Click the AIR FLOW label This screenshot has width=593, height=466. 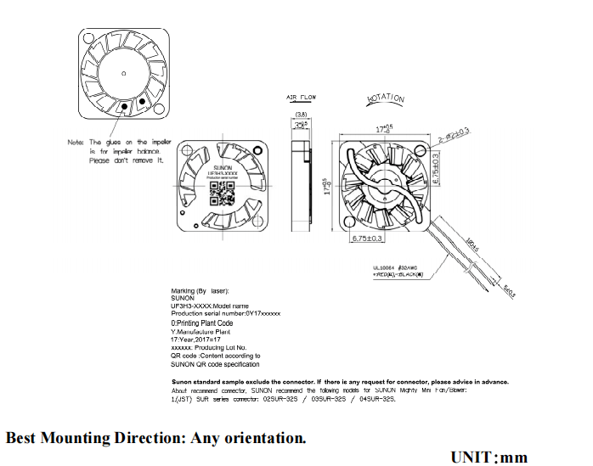(x=301, y=98)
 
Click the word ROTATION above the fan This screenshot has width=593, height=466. (x=386, y=98)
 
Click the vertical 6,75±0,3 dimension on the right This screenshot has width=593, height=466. (x=436, y=163)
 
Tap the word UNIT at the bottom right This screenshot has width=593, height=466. (x=472, y=457)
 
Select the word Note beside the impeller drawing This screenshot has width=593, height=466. (x=76, y=142)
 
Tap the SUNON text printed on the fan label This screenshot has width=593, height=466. (x=220, y=169)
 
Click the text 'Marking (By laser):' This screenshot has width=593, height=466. (x=195, y=291)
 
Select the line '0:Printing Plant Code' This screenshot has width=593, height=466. (x=202, y=323)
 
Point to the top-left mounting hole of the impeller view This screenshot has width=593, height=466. (x=89, y=39)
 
